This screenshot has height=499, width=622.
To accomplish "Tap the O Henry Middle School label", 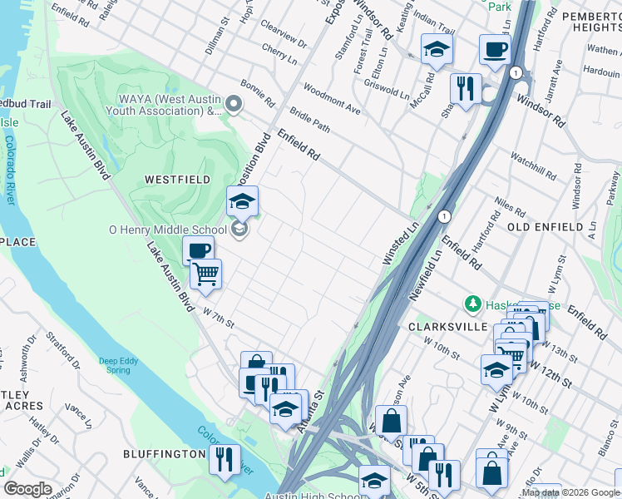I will (167, 230).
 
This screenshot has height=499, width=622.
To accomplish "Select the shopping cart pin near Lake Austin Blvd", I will (205, 274).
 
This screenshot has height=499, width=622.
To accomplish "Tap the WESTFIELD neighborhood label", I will (178, 180).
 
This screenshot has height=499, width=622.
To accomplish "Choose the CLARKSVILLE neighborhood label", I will (447, 327).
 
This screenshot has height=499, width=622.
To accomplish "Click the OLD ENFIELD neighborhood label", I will (545, 226).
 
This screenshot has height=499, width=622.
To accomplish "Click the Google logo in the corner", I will (27, 489).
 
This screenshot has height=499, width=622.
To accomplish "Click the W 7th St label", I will (219, 318).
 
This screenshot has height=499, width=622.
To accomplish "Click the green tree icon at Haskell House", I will (473, 304).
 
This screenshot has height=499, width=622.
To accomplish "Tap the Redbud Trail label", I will (25, 104).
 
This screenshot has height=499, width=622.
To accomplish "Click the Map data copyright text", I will (570, 492).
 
